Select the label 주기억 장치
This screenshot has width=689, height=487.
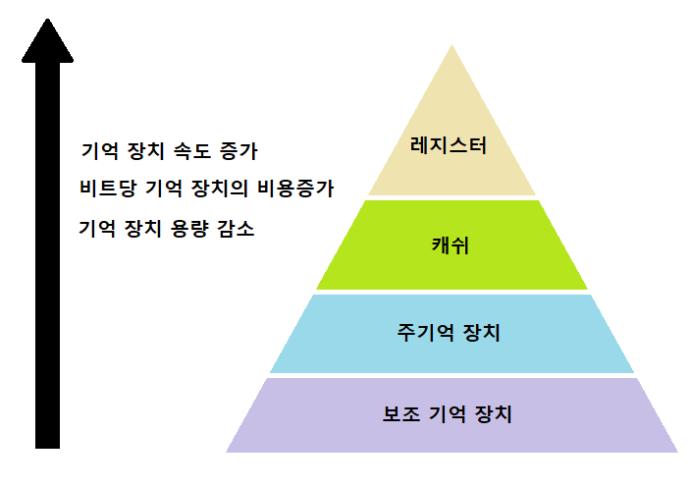[449, 332]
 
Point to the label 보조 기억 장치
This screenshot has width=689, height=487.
[448, 413]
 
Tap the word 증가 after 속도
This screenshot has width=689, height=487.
[237, 152]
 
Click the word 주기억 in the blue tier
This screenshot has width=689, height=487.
[425, 332]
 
